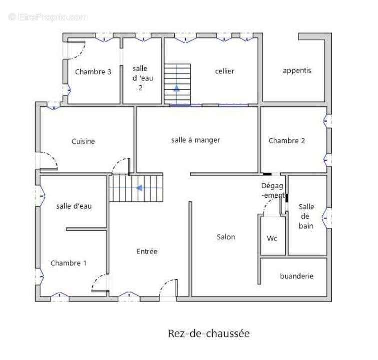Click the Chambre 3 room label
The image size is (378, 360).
click(x=93, y=72)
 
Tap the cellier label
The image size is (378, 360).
click(x=225, y=71)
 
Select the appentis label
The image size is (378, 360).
click(x=297, y=70)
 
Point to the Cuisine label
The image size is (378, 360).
click(x=83, y=141)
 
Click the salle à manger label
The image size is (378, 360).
click(x=195, y=140)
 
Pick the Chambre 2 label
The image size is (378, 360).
click(x=287, y=141)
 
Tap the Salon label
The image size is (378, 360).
click(x=226, y=237)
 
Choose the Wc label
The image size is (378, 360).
click(x=272, y=238)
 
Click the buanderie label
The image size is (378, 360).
click(x=297, y=276)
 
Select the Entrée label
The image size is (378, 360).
click(x=147, y=251)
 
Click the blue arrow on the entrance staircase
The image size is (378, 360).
click(x=140, y=188)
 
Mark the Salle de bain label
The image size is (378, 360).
click(x=306, y=216)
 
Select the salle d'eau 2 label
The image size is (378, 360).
click(x=141, y=78)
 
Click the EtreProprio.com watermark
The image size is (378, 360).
click(x=48, y=17)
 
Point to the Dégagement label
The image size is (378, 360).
click(x=273, y=190)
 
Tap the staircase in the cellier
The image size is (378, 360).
click(x=177, y=83)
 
